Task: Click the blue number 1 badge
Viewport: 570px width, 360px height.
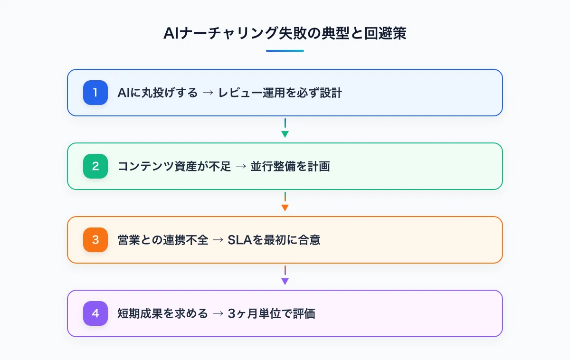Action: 95,93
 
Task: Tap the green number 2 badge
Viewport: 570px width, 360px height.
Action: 95,166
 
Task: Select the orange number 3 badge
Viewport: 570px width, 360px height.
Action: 95,240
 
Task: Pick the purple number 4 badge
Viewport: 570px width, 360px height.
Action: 95,313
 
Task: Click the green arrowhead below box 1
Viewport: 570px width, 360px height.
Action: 285,134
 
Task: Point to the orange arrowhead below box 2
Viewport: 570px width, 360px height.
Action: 285,208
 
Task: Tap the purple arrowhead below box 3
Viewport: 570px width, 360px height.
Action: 285,281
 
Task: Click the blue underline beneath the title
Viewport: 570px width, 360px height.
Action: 285,51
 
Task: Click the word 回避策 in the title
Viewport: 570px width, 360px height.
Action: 385,33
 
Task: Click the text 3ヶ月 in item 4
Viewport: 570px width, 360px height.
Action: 243,313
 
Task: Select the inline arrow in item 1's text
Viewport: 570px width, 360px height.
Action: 208,93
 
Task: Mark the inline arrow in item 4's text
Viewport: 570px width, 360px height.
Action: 218,313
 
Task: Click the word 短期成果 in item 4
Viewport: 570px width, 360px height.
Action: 140,313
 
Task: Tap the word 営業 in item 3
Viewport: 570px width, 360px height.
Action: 129,240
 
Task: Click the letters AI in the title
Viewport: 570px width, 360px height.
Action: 171,33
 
